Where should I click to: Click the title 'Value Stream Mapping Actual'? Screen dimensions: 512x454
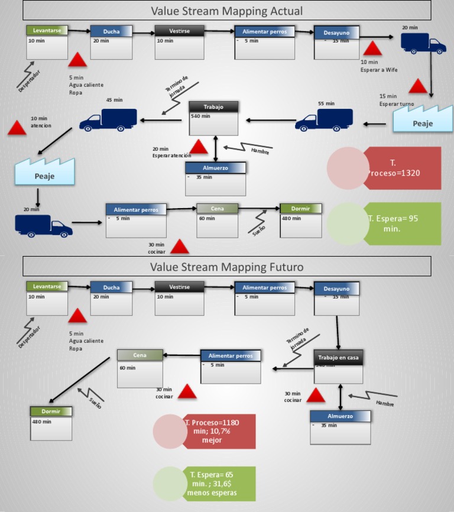226,11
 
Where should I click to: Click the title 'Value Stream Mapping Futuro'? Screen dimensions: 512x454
226,267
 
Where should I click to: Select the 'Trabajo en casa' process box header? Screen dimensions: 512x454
338,357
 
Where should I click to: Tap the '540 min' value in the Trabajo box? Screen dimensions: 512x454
200,116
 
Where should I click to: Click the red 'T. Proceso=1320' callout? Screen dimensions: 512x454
401,168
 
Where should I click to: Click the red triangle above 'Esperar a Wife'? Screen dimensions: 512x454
373,48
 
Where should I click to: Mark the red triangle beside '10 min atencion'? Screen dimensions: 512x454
17,128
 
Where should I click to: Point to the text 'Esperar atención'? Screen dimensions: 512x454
171,155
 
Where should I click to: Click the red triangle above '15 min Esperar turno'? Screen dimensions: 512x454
418,86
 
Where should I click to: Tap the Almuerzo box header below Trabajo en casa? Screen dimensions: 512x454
340,416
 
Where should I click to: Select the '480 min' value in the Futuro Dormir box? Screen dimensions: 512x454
41,422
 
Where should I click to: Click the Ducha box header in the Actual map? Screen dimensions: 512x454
111,31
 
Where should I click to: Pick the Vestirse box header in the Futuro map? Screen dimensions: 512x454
179,287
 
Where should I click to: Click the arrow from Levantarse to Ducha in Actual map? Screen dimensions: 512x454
79,31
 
